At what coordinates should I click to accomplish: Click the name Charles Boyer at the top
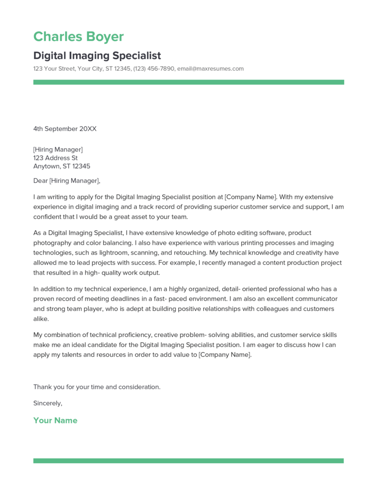click(78, 37)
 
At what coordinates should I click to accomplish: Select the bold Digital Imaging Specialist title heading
click(97, 56)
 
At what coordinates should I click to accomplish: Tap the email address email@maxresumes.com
click(210, 68)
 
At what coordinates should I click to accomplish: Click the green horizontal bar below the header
click(188, 82)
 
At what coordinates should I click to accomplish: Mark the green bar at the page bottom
click(188, 461)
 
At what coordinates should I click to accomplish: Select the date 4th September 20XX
click(65, 129)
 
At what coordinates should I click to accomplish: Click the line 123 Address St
click(55, 158)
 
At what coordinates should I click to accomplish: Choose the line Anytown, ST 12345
click(62, 167)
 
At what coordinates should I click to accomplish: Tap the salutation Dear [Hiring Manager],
click(67, 181)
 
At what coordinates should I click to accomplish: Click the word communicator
click(315, 299)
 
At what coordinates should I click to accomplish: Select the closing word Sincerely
click(47, 403)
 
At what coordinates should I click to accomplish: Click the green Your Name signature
click(55, 421)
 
